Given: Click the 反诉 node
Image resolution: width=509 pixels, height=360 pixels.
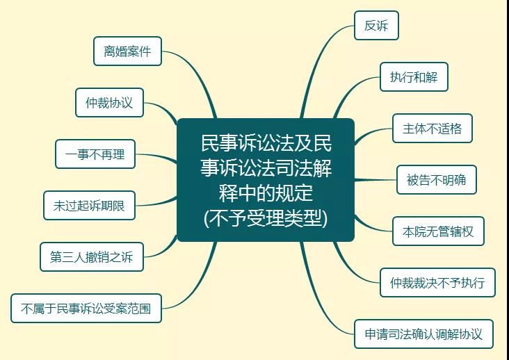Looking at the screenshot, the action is tap(376, 26).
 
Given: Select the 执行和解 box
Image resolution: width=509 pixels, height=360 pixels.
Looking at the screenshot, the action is tap(414, 77).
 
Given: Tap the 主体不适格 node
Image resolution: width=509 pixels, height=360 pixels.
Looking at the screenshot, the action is tap(432, 129).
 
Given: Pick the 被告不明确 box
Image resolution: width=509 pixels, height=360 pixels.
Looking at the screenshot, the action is tap(436, 180).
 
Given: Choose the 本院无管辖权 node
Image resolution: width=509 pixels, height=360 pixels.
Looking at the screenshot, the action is tap(438, 231).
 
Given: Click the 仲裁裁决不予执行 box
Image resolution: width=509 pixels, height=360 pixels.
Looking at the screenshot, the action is tap(437, 282).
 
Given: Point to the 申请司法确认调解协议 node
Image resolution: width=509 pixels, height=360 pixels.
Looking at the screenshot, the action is tap(423, 334).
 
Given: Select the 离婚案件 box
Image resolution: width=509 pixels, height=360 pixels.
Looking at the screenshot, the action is tap(127, 51).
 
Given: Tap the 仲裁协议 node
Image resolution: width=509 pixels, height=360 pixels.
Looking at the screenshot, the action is tap(109, 102).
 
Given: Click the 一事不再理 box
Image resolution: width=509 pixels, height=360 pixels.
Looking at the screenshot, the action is tap(95, 154).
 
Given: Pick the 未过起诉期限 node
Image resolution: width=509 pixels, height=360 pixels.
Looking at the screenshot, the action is tap(89, 205).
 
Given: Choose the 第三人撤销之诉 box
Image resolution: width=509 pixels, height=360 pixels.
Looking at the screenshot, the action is tap(92, 257).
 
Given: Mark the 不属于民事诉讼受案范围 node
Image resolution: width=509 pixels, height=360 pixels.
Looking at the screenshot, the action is tap(86, 308).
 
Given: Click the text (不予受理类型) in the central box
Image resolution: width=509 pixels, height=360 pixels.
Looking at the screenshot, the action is tap(266, 219).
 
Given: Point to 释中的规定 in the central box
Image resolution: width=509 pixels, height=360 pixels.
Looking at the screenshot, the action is tap(266, 193).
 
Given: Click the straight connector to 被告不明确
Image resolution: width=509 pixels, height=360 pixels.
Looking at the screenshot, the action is tap(375, 180).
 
